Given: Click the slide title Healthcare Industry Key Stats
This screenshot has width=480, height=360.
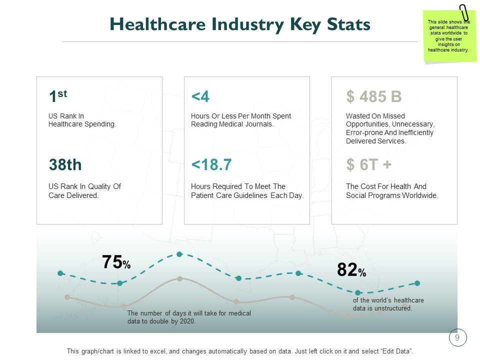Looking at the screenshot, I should click(240, 24).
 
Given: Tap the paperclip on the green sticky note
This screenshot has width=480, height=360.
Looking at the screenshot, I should click(464, 12).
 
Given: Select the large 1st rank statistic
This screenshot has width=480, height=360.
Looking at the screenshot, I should click(57, 96).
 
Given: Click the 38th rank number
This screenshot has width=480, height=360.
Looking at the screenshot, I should click(65, 164).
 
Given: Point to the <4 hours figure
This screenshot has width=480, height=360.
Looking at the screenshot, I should click(200, 96).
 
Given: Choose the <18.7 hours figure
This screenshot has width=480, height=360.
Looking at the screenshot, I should click(211, 164).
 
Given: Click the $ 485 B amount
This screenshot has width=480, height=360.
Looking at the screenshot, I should click(373, 96).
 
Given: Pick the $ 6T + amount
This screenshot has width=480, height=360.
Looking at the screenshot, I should click(368, 164).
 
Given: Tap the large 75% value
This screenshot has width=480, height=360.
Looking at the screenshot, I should click(116, 262).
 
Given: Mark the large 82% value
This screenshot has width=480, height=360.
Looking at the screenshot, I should click(351, 270).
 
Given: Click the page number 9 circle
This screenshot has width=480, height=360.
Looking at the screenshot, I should click(457, 338).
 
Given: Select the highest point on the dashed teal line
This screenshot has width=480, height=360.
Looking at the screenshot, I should click(179, 254).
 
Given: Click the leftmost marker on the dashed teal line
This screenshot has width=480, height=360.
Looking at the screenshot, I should click(60, 273).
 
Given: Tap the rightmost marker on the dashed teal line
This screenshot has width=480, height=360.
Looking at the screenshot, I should click(417, 283).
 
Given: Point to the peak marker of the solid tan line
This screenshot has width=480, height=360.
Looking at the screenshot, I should click(179, 278).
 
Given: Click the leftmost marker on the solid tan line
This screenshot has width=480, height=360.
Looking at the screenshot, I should click(67, 297).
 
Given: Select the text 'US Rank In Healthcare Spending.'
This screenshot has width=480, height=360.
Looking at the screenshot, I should click(82, 120).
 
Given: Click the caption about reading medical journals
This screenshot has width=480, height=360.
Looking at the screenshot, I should click(240, 120).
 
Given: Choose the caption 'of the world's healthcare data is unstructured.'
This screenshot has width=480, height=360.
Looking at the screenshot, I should click(388, 304).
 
